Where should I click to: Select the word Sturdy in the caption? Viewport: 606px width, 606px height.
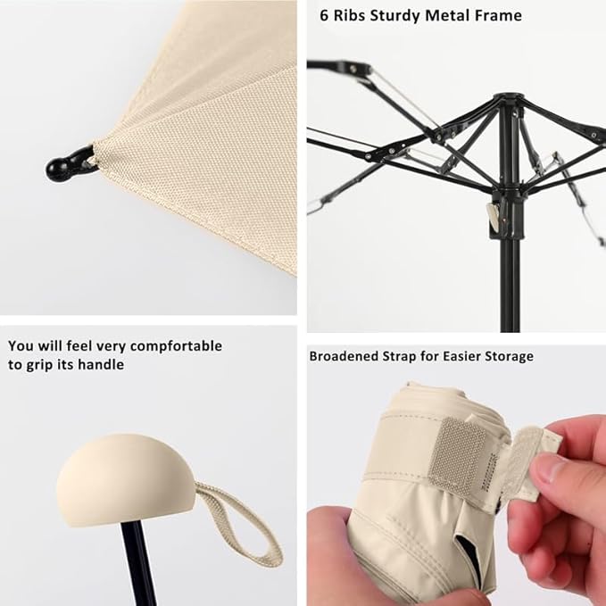(404, 15)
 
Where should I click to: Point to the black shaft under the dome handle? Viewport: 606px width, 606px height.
(136, 562)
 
